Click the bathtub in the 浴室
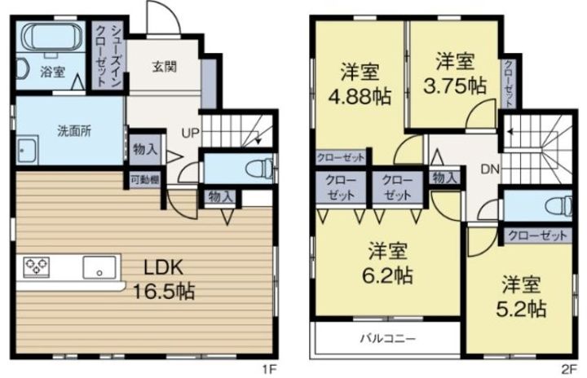coord(51,37)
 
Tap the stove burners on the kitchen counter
coord(37,267)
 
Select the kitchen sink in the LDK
coord(99,267)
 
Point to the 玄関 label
coord(165,67)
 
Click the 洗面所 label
coord(74,131)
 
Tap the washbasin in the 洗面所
coord(27,150)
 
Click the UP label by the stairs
coord(191,133)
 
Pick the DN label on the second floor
coord(490,169)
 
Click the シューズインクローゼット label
coord(106,56)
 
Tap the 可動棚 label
coord(145,180)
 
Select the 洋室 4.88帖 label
coord(360,84)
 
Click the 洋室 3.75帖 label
coord(455,73)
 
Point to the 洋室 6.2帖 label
coord(387,263)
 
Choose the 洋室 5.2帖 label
coord(521,296)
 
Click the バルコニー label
coord(388,339)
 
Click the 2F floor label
coord(568,370)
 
